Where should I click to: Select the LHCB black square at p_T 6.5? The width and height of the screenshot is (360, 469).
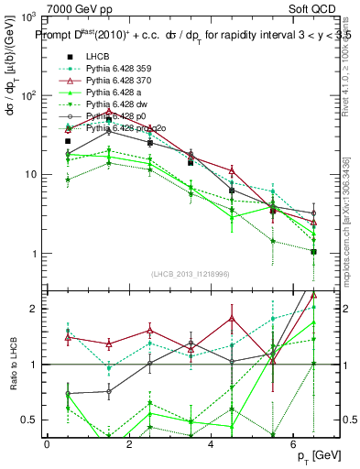click(313, 252)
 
